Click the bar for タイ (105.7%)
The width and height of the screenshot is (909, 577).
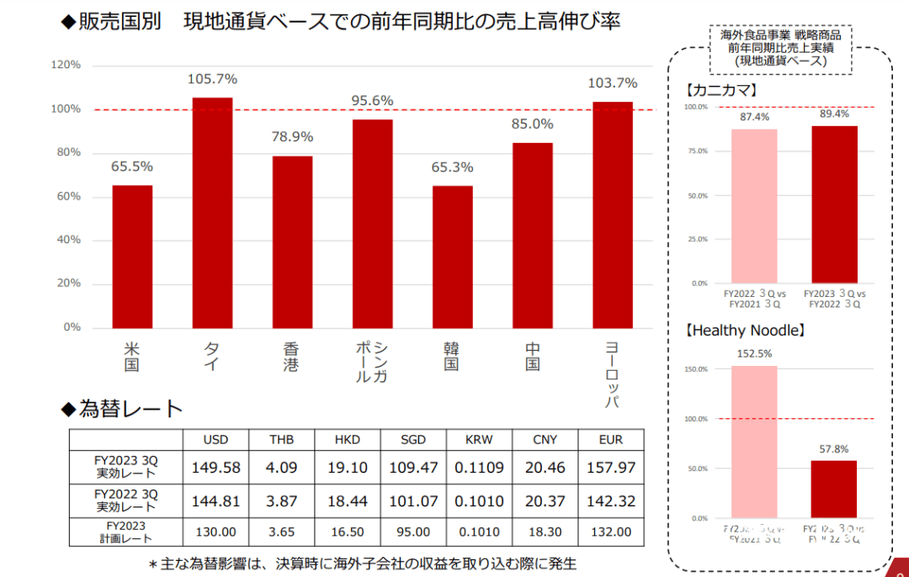(x=212, y=213)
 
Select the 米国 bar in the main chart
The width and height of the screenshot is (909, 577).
(x=132, y=257)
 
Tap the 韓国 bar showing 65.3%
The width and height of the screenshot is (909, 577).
(x=453, y=257)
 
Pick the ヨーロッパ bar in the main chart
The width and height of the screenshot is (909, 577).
(x=613, y=214)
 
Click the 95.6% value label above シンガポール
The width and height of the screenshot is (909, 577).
(x=372, y=101)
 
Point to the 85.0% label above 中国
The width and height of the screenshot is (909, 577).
(x=532, y=124)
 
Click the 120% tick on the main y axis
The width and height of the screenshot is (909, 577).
(x=66, y=65)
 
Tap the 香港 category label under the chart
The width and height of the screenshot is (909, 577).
(x=292, y=357)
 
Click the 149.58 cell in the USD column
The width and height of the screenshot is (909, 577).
(x=215, y=467)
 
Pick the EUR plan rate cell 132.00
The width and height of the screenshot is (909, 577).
(x=612, y=532)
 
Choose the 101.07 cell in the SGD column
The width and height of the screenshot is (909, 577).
(x=412, y=500)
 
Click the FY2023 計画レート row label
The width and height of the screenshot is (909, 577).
(x=126, y=532)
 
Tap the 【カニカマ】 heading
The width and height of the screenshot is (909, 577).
(x=723, y=88)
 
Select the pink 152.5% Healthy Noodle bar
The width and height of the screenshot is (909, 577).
(x=754, y=442)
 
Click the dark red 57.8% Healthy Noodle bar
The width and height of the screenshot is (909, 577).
(x=833, y=490)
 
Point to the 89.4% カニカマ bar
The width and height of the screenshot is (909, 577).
(x=834, y=204)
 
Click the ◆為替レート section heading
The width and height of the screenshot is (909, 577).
(x=122, y=410)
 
